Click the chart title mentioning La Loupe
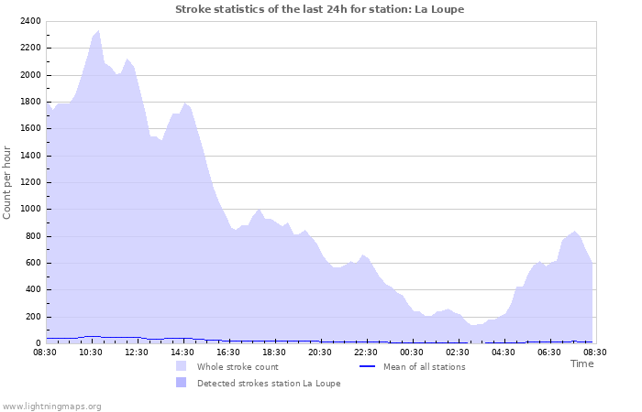[x=319, y=9]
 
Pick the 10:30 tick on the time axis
[x=91, y=352]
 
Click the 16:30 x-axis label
[x=228, y=352]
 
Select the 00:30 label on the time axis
[x=412, y=352]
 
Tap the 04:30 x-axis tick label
[x=504, y=352]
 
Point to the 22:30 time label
[x=366, y=352]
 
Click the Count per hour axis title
[x=8, y=182]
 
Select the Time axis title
[x=581, y=363]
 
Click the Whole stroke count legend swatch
[x=182, y=366]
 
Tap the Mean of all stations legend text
[x=424, y=367]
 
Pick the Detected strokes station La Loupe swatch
[x=182, y=383]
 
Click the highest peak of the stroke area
[x=98, y=31]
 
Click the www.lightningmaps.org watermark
[x=52, y=406]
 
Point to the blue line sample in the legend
[x=367, y=366]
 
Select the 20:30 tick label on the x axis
[x=320, y=352]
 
